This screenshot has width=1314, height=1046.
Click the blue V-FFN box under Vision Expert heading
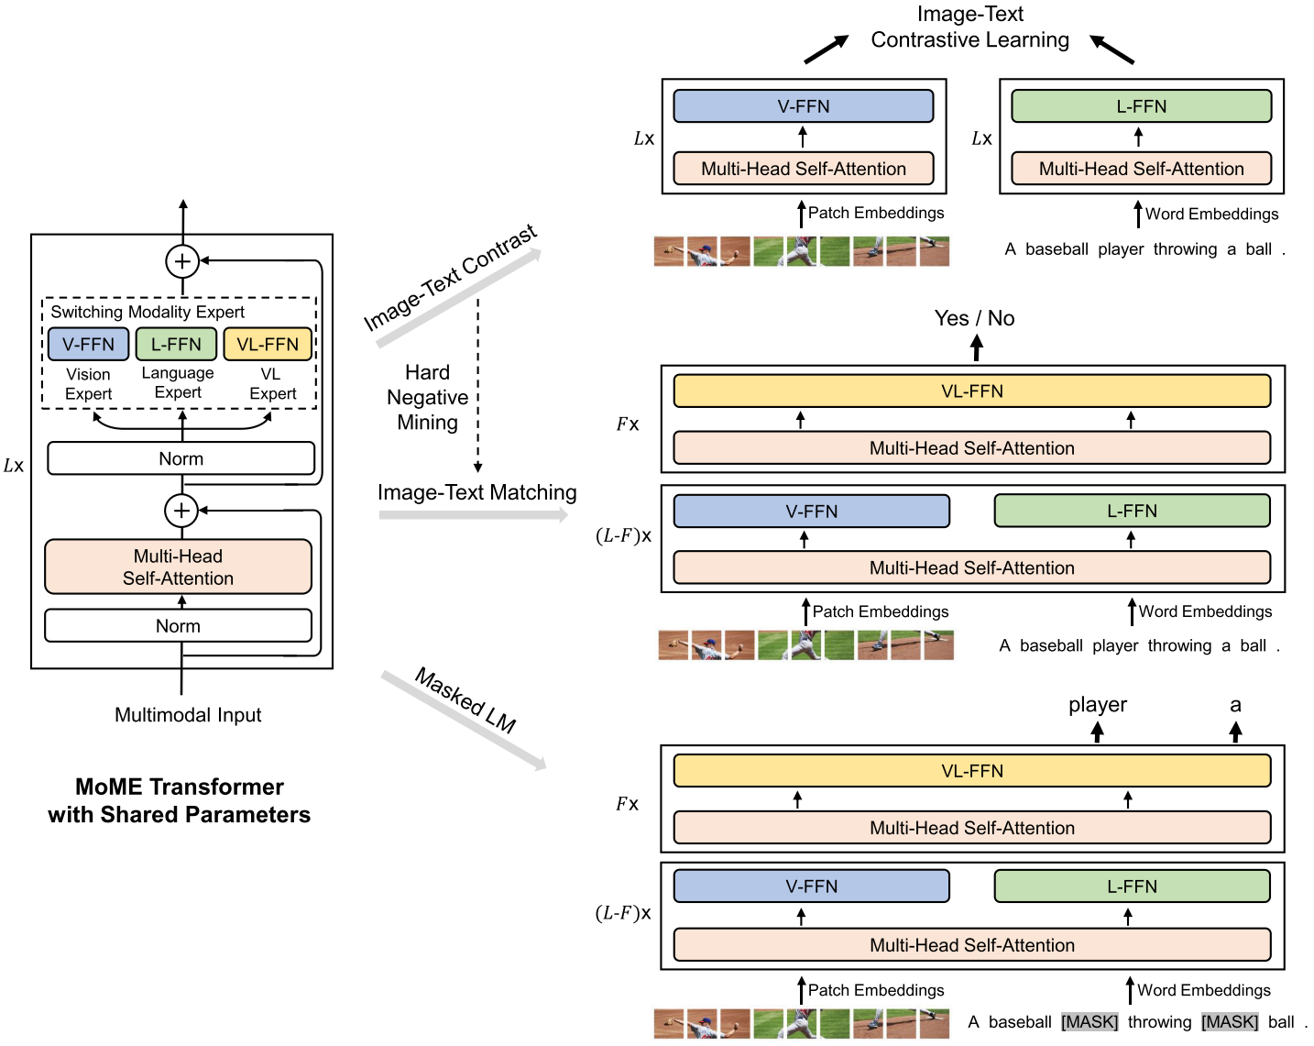tap(88, 345)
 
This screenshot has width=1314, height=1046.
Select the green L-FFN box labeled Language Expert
tap(176, 345)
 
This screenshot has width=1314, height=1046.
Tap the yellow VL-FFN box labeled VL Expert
tap(268, 345)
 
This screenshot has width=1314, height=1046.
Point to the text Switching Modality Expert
tap(148, 312)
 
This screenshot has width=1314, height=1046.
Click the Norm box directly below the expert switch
tap(181, 458)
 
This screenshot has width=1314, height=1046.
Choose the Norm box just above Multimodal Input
tap(178, 626)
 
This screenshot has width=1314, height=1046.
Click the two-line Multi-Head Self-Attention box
tap(178, 567)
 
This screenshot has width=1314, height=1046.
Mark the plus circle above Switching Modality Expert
tap(182, 261)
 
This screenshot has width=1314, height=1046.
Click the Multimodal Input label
tap(188, 715)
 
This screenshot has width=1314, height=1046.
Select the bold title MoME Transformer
tap(180, 787)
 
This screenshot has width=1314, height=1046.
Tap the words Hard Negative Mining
tap(427, 398)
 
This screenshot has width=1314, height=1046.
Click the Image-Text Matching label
tap(476, 493)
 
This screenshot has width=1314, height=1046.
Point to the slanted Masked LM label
tap(465, 700)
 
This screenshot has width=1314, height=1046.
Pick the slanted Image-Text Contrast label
tap(450, 278)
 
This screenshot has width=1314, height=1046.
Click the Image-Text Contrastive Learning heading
tap(969, 28)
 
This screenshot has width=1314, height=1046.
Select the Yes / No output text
tap(974, 318)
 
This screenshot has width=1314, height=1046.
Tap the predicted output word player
tap(1097, 705)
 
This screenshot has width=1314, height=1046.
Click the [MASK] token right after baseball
tap(1090, 1022)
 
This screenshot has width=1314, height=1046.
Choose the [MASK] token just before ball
tap(1230, 1022)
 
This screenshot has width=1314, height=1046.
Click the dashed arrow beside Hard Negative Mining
tap(477, 385)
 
